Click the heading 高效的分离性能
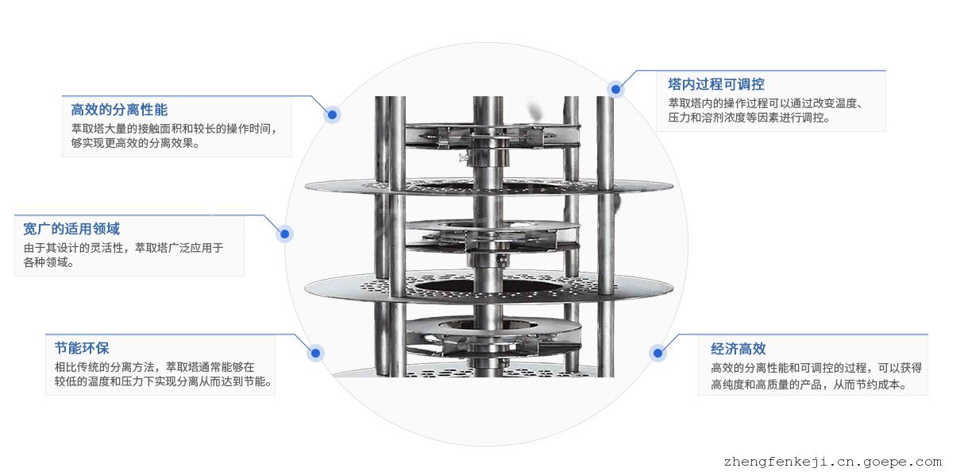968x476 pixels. click(119, 110)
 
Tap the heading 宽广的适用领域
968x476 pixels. click(71, 229)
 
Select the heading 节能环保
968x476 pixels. click(82, 348)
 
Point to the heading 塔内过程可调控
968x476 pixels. click(716, 84)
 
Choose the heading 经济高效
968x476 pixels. click(738, 349)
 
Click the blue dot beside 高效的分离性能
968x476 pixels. click(332, 114)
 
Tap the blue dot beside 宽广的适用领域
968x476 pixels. click(285, 234)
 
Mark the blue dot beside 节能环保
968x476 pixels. click(315, 353)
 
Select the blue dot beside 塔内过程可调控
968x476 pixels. click(615, 90)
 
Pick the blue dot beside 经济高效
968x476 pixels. click(658, 353)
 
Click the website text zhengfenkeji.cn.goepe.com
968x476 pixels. click(833, 462)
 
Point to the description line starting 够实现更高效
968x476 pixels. click(135, 143)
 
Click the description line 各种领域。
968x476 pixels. click(48, 262)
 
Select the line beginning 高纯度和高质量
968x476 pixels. click(808, 385)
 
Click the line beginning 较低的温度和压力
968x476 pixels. click(164, 381)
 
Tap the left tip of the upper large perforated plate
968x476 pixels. click(306, 186)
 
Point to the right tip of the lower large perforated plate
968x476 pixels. click(672, 288)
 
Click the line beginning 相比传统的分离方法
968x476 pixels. click(154, 367)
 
